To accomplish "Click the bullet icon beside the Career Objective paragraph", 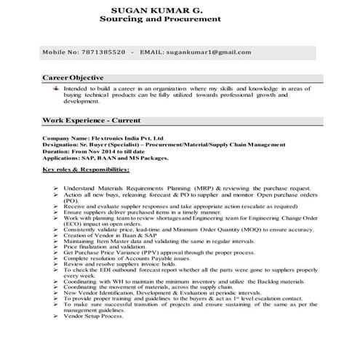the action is click(56, 87).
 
